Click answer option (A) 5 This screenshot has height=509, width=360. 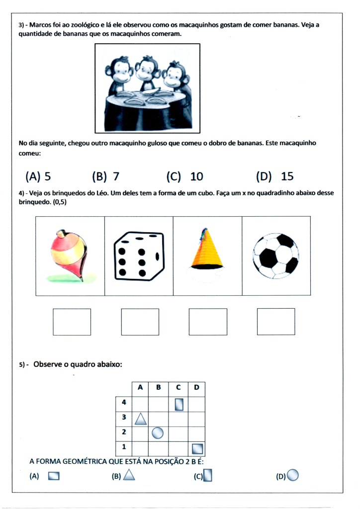coord(38,176)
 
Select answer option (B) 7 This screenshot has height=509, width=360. coord(106,176)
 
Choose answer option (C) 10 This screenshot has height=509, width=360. coord(184,176)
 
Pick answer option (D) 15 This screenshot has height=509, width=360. coord(274,176)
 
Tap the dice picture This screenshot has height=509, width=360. coord(139,255)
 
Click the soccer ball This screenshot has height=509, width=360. coord(275,256)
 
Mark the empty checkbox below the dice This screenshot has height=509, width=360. coord(140,322)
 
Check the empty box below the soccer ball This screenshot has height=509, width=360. coord(276,322)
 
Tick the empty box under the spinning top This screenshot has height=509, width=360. coord(72,322)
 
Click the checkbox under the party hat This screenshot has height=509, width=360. coord(208,322)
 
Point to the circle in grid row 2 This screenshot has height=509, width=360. coord(158,433)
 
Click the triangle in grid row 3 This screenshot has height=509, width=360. coord(141,419)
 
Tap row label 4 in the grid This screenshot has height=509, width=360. coord(124,403)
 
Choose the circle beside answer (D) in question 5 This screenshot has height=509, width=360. coord(293,476)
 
